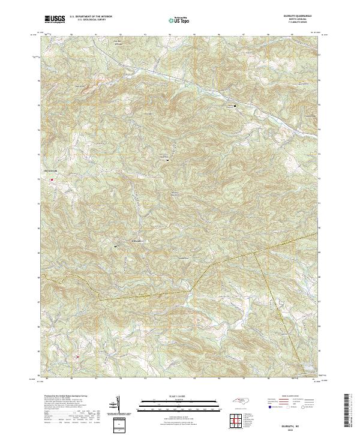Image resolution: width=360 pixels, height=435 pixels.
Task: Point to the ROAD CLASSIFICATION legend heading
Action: pyautogui.click(x=290, y=397)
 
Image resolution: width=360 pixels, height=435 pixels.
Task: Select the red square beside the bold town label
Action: pyautogui.click(x=52, y=179)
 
